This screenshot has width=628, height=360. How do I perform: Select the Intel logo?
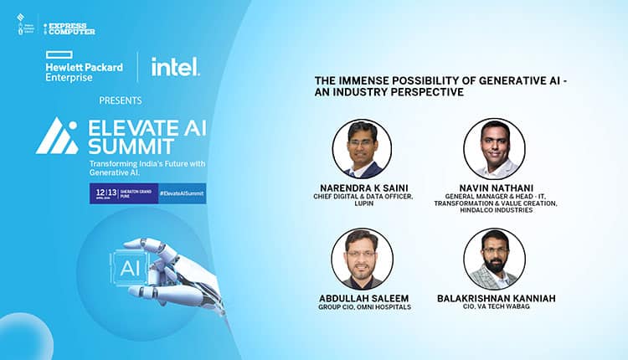[174, 67]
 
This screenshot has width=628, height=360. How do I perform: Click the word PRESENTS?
[120, 100]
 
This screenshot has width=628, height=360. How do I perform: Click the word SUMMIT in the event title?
[126, 146]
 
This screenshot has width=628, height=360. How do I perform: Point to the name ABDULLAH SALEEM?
[363, 298]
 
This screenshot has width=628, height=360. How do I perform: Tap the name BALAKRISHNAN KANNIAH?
[495, 298]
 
